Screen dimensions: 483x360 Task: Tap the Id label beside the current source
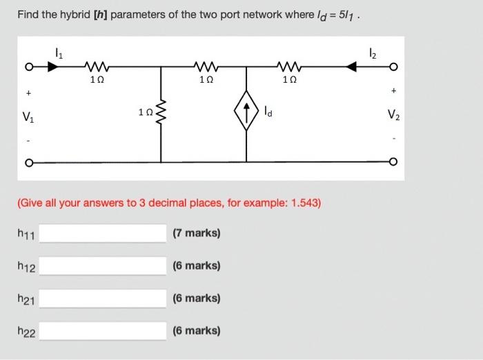270,111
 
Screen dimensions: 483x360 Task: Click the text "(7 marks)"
197,234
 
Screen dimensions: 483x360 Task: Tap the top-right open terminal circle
394,68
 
